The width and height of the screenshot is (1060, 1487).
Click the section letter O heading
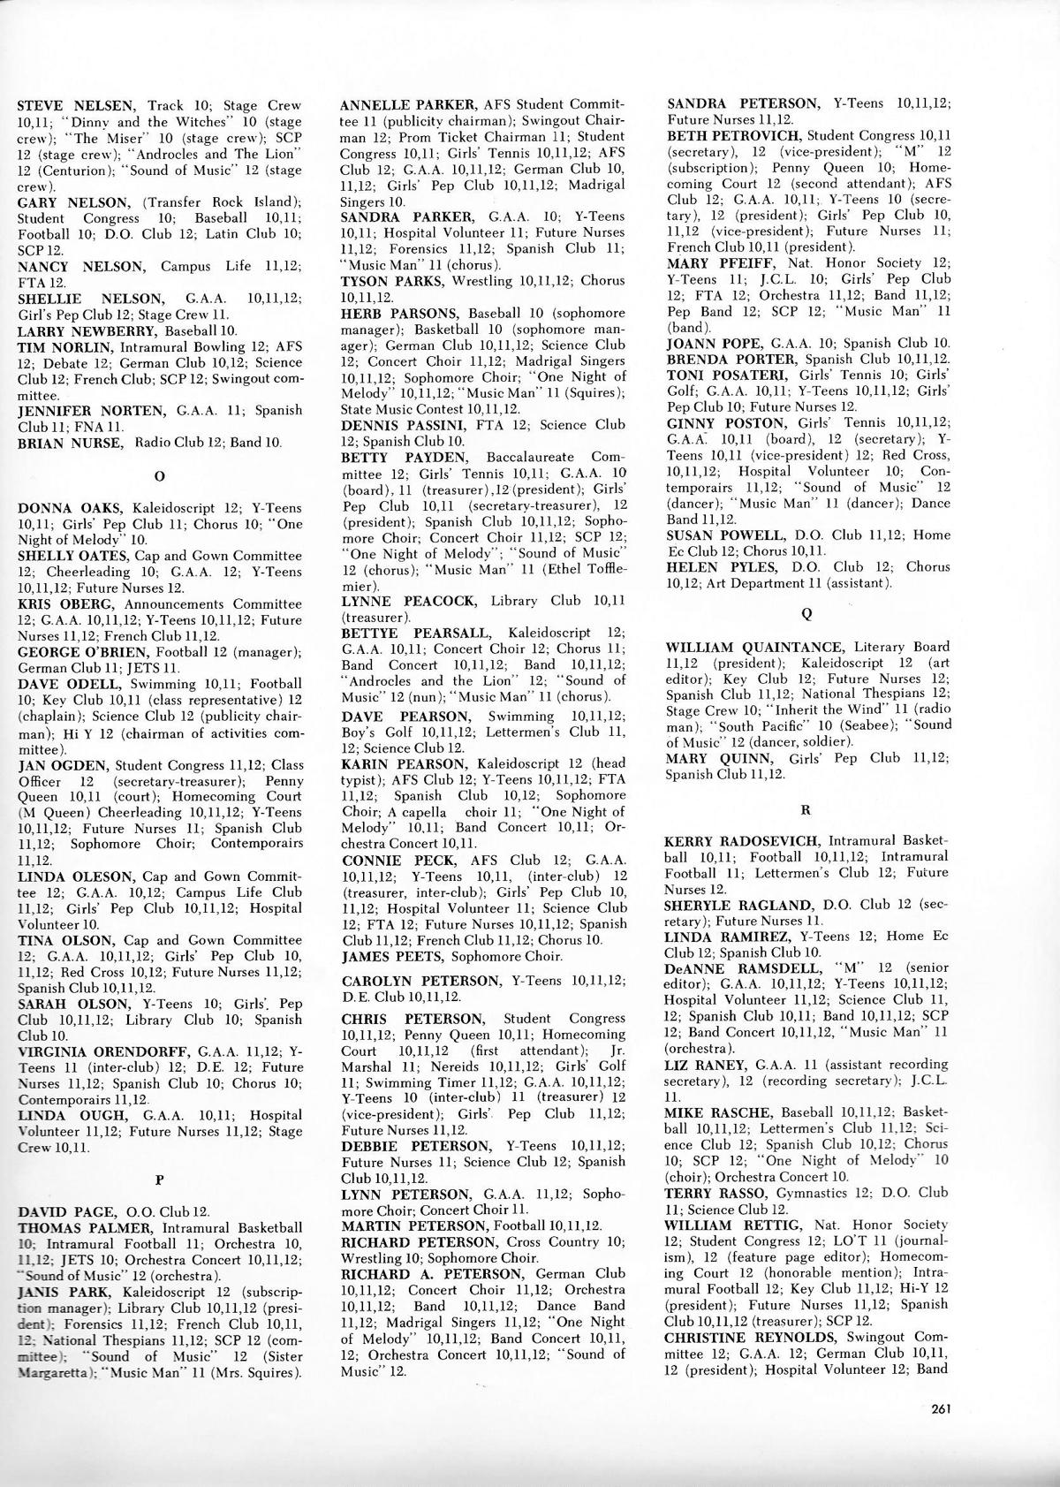(159, 476)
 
